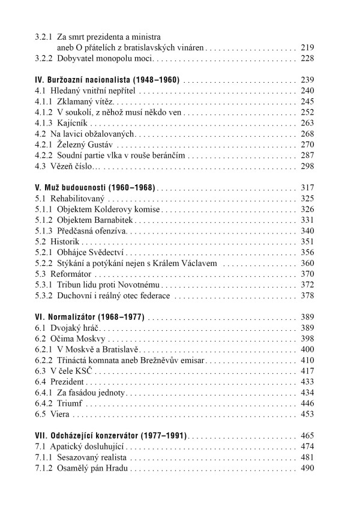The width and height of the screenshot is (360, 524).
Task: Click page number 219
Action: (307, 46)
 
